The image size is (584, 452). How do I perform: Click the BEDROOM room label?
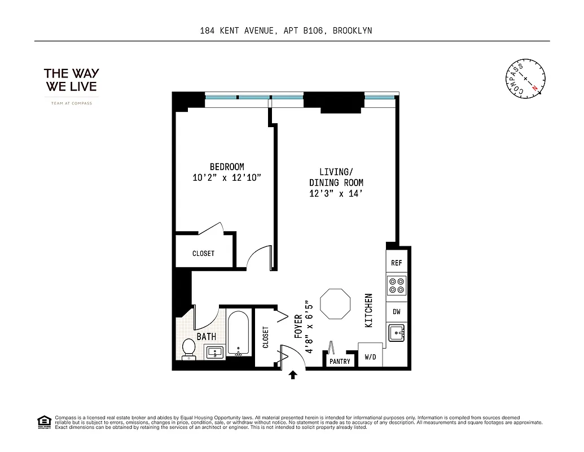(227, 167)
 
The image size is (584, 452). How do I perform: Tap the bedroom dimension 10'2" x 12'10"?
(227, 177)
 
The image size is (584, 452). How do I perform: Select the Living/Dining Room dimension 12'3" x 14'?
(336, 194)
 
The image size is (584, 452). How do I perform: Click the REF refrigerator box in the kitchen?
(397, 263)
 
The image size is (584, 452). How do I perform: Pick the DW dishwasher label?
(397, 311)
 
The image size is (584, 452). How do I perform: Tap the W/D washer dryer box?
(370, 357)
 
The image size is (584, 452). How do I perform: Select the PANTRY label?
(340, 362)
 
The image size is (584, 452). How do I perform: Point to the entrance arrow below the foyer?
(293, 375)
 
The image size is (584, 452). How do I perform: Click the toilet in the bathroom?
(189, 349)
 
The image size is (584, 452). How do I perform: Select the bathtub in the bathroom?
(238, 333)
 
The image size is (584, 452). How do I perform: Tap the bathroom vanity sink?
(215, 353)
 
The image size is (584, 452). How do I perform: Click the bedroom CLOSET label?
(203, 254)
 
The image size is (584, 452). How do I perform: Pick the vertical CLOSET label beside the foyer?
(265, 337)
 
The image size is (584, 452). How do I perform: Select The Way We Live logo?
(71, 81)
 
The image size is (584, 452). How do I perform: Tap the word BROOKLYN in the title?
(352, 31)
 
